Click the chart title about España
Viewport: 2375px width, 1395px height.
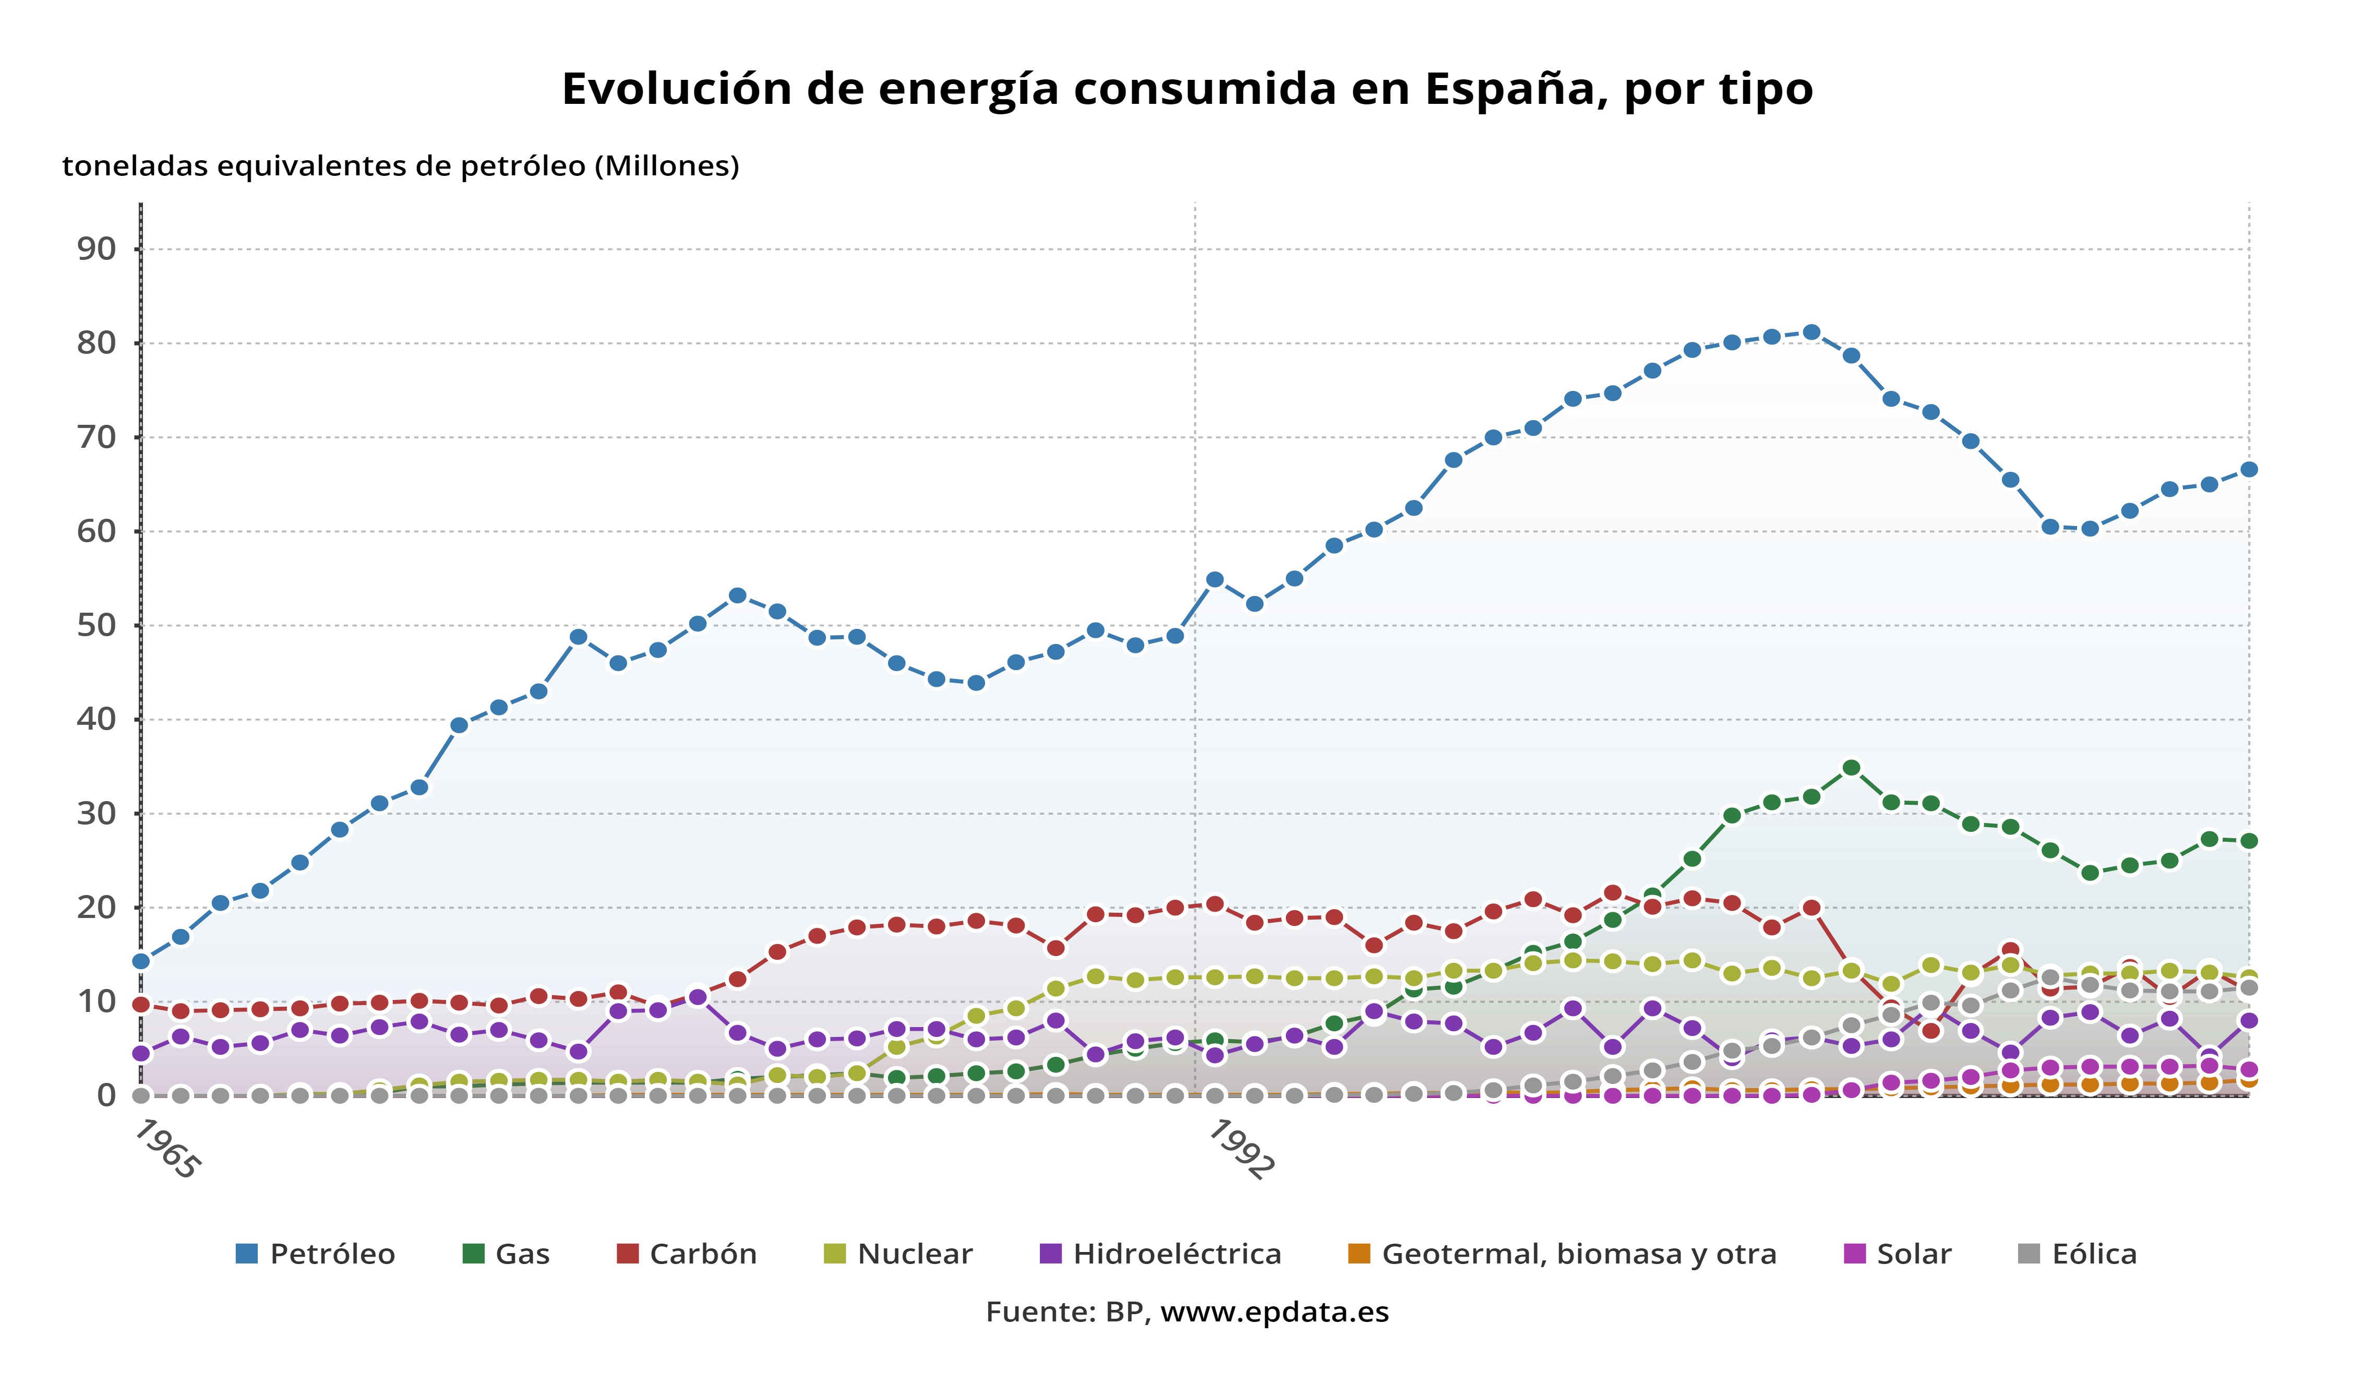1186,89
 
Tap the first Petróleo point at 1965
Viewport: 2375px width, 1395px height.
141,961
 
